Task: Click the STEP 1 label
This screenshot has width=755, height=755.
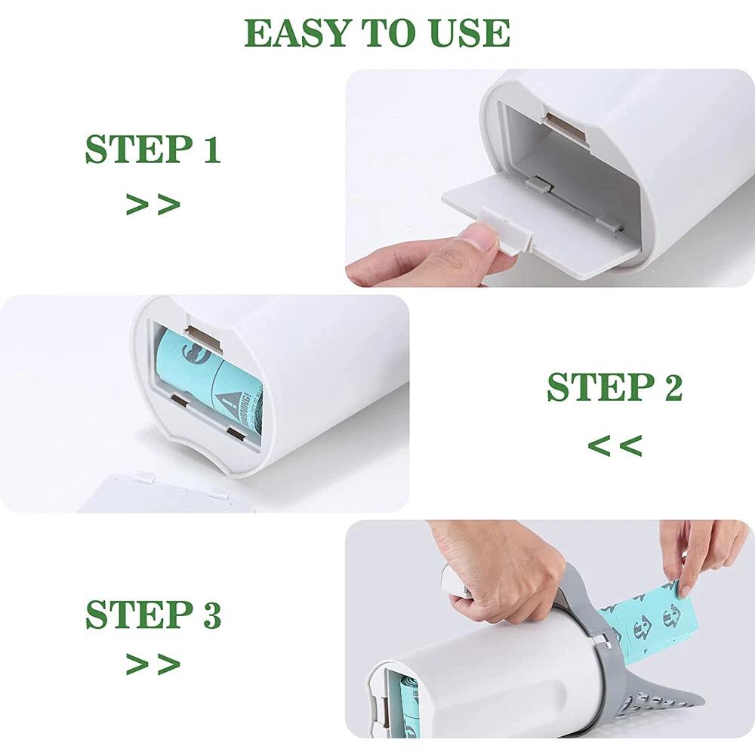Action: click(x=153, y=149)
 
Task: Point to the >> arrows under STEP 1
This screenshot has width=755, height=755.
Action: click(x=153, y=204)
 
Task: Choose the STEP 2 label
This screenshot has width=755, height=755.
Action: click(x=615, y=387)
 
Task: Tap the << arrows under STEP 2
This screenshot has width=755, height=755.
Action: click(x=615, y=445)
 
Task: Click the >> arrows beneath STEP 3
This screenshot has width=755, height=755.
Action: click(x=153, y=664)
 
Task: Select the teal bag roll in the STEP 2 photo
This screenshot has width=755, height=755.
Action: click(x=208, y=377)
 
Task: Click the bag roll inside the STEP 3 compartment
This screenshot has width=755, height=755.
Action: click(x=408, y=702)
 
